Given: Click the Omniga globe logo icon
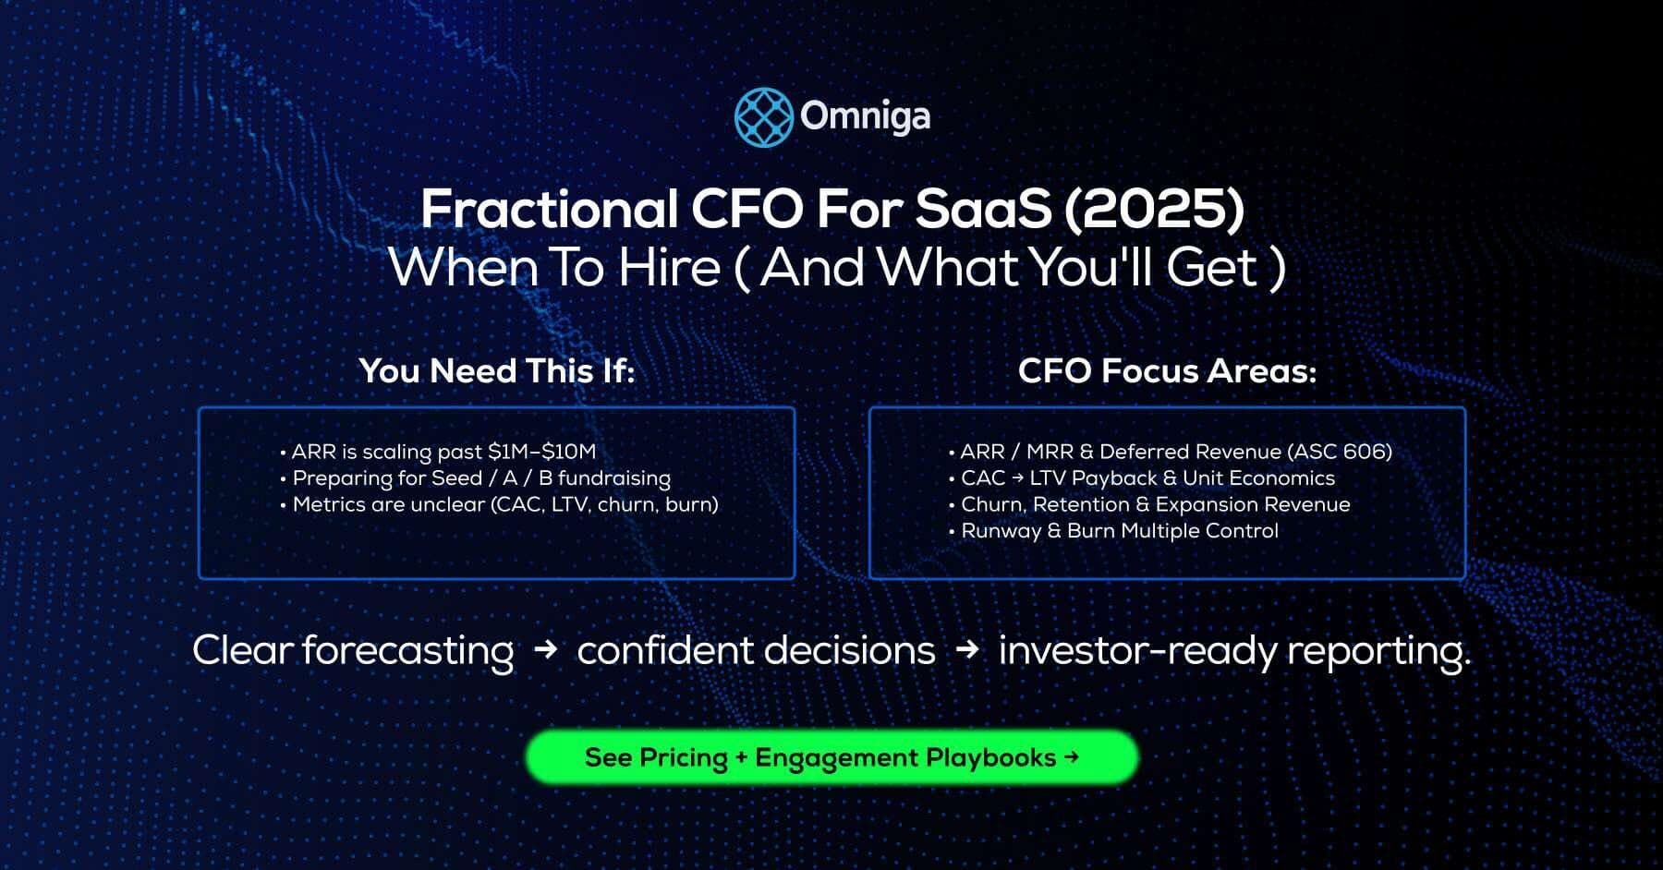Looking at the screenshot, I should (x=763, y=117).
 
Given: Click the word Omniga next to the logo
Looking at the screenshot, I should (x=865, y=116).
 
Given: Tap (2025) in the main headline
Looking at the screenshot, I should (x=1153, y=209).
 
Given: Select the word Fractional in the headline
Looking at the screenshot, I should (x=550, y=209).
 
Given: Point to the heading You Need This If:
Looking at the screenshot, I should (x=497, y=371).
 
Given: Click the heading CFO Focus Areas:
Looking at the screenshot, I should (x=1167, y=371).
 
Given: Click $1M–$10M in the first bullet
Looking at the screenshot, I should (x=541, y=452).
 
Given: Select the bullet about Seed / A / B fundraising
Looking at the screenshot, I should (x=480, y=478).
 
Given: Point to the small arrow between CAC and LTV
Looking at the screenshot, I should (x=1017, y=478).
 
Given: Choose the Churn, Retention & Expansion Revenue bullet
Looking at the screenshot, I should (x=1155, y=504).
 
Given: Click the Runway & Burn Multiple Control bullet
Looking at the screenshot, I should (x=1119, y=531).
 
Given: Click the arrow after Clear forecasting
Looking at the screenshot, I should (x=546, y=650).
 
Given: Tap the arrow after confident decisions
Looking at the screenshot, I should (x=967, y=650).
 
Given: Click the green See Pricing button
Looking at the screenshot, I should (x=831, y=758).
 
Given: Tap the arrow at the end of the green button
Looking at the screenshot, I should (x=1072, y=757).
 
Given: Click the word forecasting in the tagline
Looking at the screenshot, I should (x=407, y=651).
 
